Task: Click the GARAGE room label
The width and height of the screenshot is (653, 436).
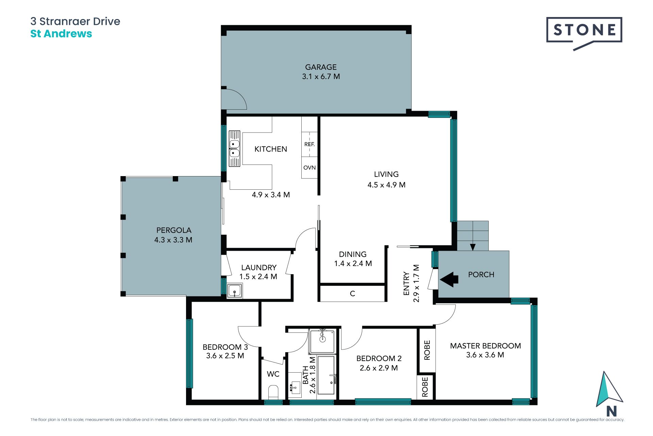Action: pyautogui.click(x=321, y=67)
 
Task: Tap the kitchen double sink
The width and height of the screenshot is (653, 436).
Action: pyautogui.click(x=234, y=149)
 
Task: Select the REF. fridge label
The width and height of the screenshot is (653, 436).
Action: pyautogui.click(x=309, y=144)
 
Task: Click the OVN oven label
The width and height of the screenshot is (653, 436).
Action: pyautogui.click(x=309, y=168)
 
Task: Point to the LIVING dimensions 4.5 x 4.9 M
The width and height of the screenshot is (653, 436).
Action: pyautogui.click(x=386, y=185)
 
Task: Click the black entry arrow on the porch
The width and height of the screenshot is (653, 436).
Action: pyautogui.click(x=449, y=279)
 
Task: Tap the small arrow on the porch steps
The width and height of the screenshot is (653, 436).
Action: pyautogui.click(x=472, y=247)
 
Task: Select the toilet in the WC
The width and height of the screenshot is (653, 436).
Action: pyautogui.click(x=273, y=392)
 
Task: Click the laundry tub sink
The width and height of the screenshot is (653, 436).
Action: pyautogui.click(x=235, y=291)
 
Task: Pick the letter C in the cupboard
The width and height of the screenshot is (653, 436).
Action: pyautogui.click(x=352, y=293)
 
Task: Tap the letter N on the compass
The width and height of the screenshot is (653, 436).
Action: pyautogui.click(x=611, y=411)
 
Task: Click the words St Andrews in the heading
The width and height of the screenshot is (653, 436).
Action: pyautogui.click(x=61, y=34)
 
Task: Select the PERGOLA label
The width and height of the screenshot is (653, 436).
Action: pyautogui.click(x=174, y=230)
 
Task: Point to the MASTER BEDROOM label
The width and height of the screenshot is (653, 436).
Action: pyautogui.click(x=485, y=346)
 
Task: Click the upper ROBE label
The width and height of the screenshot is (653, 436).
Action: pyautogui.click(x=427, y=350)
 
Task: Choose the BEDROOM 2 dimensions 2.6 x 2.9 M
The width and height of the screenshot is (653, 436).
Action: pyautogui.click(x=379, y=368)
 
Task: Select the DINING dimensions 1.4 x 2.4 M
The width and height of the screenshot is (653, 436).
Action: pyautogui.click(x=353, y=263)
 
